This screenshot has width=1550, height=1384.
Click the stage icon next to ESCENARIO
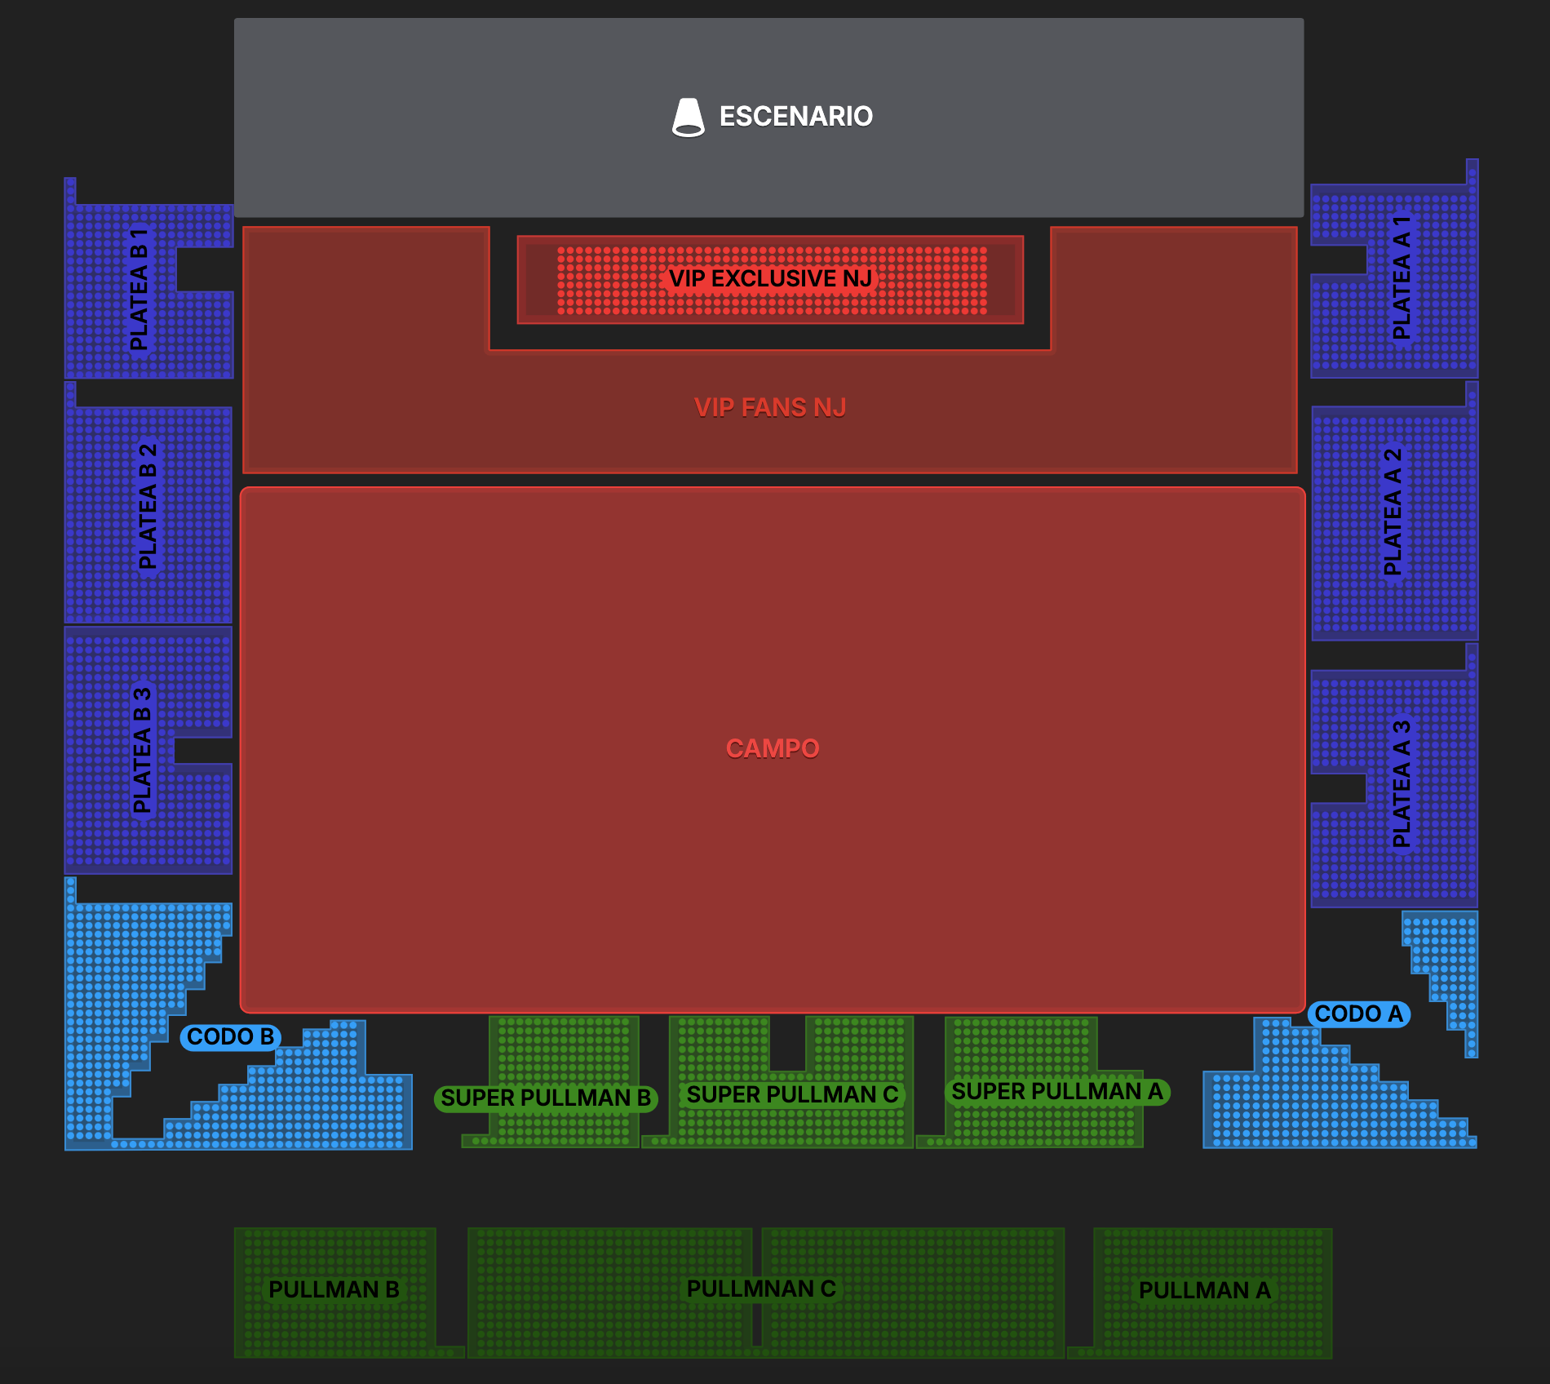coord(688,118)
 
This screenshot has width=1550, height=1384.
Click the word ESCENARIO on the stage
coord(795,117)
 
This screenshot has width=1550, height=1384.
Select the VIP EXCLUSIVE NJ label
coord(770,279)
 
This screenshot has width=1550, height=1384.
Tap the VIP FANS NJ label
coord(769,407)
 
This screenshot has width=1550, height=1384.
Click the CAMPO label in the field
coord(772,748)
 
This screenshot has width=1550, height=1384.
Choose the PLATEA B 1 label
coord(139,289)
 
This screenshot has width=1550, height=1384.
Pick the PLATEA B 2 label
coord(148,507)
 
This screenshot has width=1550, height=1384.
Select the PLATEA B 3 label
coord(142,751)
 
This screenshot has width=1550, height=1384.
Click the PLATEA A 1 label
coord(1401,277)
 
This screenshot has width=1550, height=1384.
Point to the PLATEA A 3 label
coord(1401,783)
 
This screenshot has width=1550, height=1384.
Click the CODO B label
coord(230,1037)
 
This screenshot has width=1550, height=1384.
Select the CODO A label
coord(1358,1014)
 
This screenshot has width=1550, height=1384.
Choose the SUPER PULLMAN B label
coord(546,1098)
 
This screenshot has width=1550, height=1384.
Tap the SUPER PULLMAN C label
coord(791,1095)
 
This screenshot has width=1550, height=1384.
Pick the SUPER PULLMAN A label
coord(1057,1092)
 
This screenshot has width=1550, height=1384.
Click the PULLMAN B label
coord(334,1290)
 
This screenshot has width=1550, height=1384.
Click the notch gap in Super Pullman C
coord(787,1043)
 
